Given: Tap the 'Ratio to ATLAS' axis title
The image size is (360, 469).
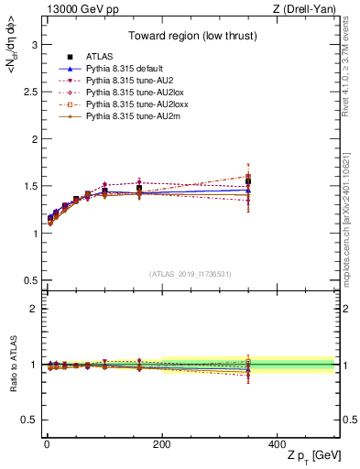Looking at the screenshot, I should [12, 365].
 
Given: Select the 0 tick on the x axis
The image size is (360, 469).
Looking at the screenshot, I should [45, 443].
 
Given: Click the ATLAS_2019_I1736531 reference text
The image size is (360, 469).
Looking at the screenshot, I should [191, 274].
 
